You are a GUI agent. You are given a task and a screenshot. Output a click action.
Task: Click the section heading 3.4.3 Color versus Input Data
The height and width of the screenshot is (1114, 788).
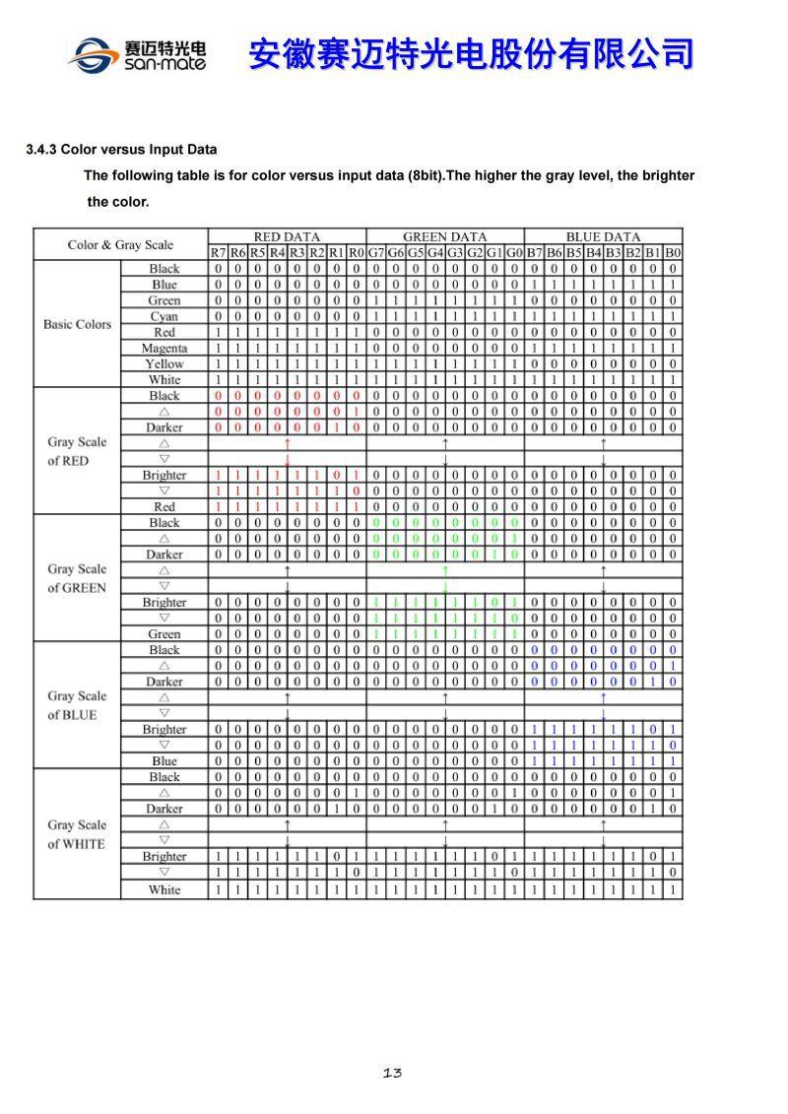pyautogui.click(x=121, y=150)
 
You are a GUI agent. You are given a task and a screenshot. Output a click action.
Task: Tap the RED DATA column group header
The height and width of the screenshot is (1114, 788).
pyautogui.click(x=287, y=236)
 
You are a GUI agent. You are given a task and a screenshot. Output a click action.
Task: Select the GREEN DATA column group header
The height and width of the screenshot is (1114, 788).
pyautogui.click(x=444, y=236)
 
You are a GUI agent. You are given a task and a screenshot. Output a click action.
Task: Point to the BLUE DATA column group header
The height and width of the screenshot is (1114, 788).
pyautogui.click(x=603, y=236)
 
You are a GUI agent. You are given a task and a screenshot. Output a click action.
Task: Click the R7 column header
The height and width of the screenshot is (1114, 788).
pyautogui.click(x=218, y=252)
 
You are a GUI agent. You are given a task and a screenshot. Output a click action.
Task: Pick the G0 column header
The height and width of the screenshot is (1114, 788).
pyautogui.click(x=514, y=252)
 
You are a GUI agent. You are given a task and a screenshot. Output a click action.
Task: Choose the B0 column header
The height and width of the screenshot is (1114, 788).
pyautogui.click(x=672, y=252)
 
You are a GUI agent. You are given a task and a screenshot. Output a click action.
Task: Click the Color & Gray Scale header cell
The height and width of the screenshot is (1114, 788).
pyautogui.click(x=120, y=244)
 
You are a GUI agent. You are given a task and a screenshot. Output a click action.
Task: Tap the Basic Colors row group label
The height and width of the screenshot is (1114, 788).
pyautogui.click(x=77, y=324)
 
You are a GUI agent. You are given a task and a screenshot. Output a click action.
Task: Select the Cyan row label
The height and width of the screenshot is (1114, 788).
pyautogui.click(x=164, y=316)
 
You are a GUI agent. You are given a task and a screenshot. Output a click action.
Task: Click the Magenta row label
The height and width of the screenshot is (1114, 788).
pyautogui.click(x=164, y=348)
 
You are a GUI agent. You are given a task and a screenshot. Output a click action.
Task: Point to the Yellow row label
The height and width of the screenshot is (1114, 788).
pyautogui.click(x=164, y=363)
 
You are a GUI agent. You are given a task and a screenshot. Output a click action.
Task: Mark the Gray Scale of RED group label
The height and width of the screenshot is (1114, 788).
pyautogui.click(x=77, y=451)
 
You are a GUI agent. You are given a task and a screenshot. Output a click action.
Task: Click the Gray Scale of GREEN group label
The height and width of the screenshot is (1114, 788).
pyautogui.click(x=77, y=578)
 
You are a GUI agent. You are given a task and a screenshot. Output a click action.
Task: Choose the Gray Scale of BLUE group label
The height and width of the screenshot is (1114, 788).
pyautogui.click(x=77, y=705)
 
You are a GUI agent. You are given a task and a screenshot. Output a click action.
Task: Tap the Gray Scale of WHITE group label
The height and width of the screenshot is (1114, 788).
pyautogui.click(x=77, y=833)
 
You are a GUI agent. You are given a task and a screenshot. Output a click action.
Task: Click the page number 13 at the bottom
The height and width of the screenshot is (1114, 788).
pyautogui.click(x=392, y=1073)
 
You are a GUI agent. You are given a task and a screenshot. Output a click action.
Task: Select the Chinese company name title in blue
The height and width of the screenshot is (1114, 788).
pyautogui.click(x=471, y=53)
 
